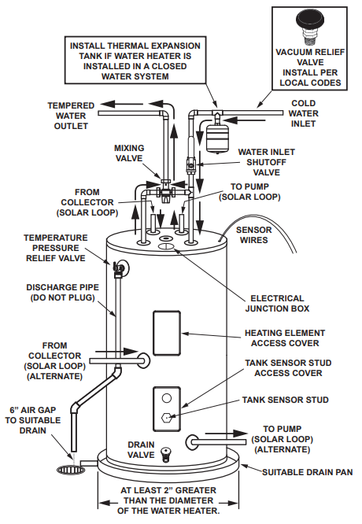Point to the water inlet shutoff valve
[x=190, y=165]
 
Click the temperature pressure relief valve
[x=118, y=268]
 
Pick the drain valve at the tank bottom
[x=164, y=455]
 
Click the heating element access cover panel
[x=167, y=333]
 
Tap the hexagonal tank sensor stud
[x=167, y=417]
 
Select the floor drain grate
[x=71, y=470]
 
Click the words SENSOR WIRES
[x=253, y=235]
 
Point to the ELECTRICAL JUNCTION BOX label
[x=277, y=303]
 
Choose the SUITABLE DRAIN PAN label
[x=307, y=472]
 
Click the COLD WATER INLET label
[x=303, y=113]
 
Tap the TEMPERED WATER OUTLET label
[x=71, y=116]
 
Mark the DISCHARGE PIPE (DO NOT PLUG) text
[x=62, y=293]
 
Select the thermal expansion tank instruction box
[x=135, y=60]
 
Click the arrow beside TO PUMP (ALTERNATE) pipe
[x=226, y=434]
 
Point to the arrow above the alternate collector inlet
[x=116, y=351]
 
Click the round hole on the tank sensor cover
[x=167, y=398]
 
